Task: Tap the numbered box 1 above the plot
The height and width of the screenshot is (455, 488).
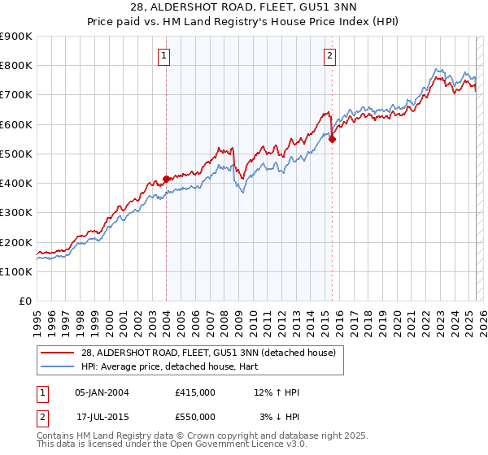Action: pyautogui.click(x=164, y=56)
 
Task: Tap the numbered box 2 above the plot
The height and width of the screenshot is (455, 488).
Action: pyautogui.click(x=330, y=56)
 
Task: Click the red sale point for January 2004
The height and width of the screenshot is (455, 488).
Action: pyautogui.click(x=166, y=179)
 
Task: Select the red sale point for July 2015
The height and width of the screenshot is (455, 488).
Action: pyautogui.click(x=332, y=139)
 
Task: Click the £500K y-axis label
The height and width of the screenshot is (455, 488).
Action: pyautogui.click(x=16, y=154)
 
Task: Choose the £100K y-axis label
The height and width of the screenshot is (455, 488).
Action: pyautogui.click(x=16, y=271)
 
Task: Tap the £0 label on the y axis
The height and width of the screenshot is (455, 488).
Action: pyautogui.click(x=24, y=301)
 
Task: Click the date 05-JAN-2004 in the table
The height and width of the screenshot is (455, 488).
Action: pyautogui.click(x=102, y=392)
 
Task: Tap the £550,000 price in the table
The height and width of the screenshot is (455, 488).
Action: pyautogui.click(x=195, y=417)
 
